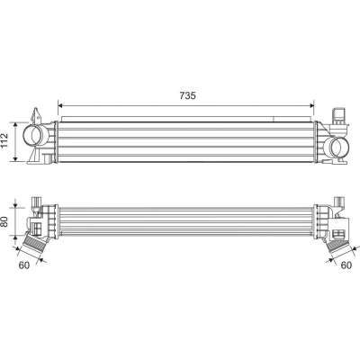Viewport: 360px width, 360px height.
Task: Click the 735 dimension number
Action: tap(187, 95)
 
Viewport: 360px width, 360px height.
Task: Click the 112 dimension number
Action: tap(4, 140)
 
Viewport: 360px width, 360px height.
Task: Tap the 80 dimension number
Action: tap(5, 221)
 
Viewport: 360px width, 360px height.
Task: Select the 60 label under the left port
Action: tap(24, 265)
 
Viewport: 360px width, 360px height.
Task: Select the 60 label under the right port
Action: tap(346, 265)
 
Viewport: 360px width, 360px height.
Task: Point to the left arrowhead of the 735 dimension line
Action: tap(59, 105)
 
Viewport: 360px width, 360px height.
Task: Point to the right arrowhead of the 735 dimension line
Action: tap(311, 105)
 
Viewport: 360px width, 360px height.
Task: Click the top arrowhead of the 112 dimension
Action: tap(16, 124)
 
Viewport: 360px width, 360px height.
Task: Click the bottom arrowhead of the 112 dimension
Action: tap(16, 158)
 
